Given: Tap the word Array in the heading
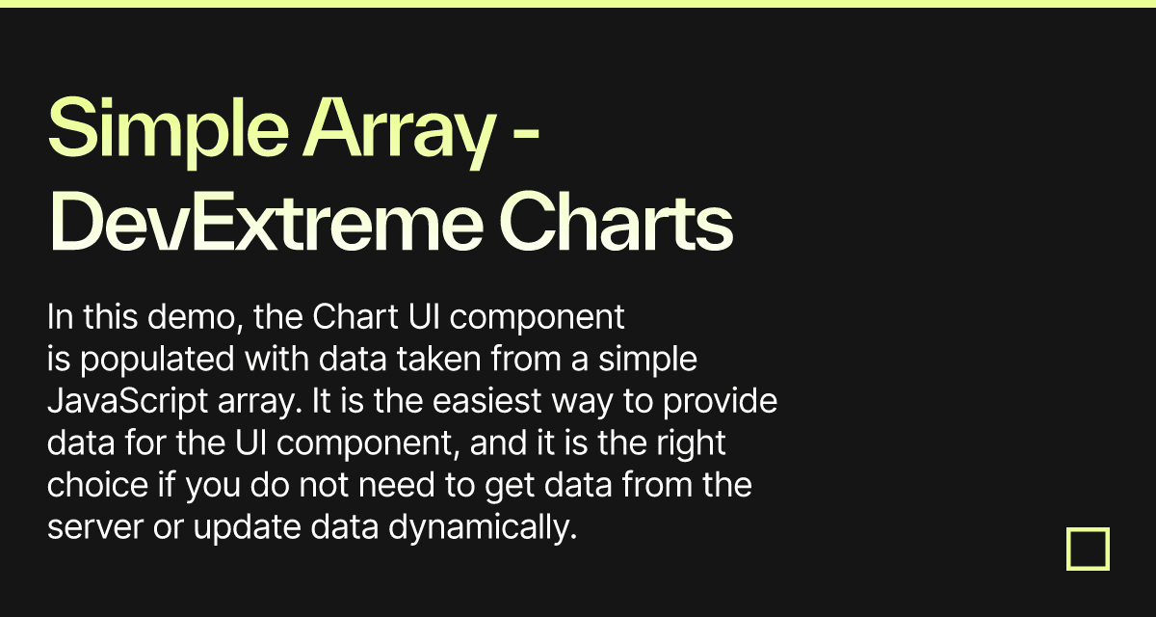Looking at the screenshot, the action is click(x=400, y=131).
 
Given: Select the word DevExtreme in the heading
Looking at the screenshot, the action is click(x=266, y=223).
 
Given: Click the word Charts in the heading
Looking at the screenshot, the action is click(x=617, y=223).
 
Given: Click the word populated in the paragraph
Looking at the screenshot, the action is click(x=157, y=360).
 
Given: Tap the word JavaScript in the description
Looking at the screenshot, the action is click(x=127, y=402).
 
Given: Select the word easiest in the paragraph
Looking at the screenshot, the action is click(x=486, y=401).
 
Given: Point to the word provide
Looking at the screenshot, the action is click(x=720, y=402).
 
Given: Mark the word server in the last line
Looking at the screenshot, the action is click(x=95, y=528).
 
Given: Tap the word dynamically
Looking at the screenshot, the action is click(x=483, y=527).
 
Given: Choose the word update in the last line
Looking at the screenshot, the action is click(x=247, y=527).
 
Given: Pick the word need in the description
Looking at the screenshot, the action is click(x=396, y=485).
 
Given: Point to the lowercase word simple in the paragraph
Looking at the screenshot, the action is click(x=647, y=360).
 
